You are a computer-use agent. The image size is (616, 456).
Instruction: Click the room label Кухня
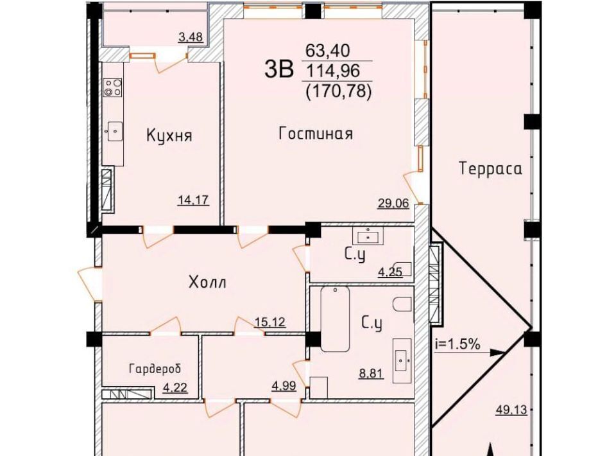pyautogui.click(x=169, y=136)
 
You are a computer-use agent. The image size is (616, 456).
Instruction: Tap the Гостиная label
pyautogui.click(x=316, y=134)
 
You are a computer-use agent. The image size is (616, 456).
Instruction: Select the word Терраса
pyautogui.click(x=491, y=169)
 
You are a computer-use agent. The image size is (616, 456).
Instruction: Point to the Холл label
pyautogui.click(x=207, y=283)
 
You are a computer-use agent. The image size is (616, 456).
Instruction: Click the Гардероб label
pyautogui.click(x=155, y=369)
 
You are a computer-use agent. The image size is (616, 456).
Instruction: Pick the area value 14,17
pyautogui.click(x=193, y=200)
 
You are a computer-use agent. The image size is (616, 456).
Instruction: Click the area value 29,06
pyautogui.click(x=393, y=203)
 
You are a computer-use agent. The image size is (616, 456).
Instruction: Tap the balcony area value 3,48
pyautogui.click(x=191, y=37)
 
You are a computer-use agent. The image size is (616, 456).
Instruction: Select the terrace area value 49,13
pyautogui.click(x=511, y=410)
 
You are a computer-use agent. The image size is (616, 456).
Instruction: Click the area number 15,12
pyautogui.click(x=270, y=322)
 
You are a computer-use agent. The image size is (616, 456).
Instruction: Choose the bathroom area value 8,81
pyautogui.click(x=372, y=373)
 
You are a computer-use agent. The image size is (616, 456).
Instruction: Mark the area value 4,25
pyautogui.click(x=390, y=272)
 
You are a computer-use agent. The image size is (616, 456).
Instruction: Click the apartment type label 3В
pyautogui.click(x=279, y=69)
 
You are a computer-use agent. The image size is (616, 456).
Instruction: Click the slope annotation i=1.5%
pyautogui.click(x=458, y=344)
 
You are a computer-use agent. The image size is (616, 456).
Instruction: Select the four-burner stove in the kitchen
pyautogui.click(x=113, y=87)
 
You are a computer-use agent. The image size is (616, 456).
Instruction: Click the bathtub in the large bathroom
pyautogui.click(x=335, y=319)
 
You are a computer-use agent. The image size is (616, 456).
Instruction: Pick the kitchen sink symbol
pyautogui.click(x=114, y=132)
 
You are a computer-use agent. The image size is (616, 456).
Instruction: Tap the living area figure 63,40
pyautogui.click(x=328, y=51)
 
